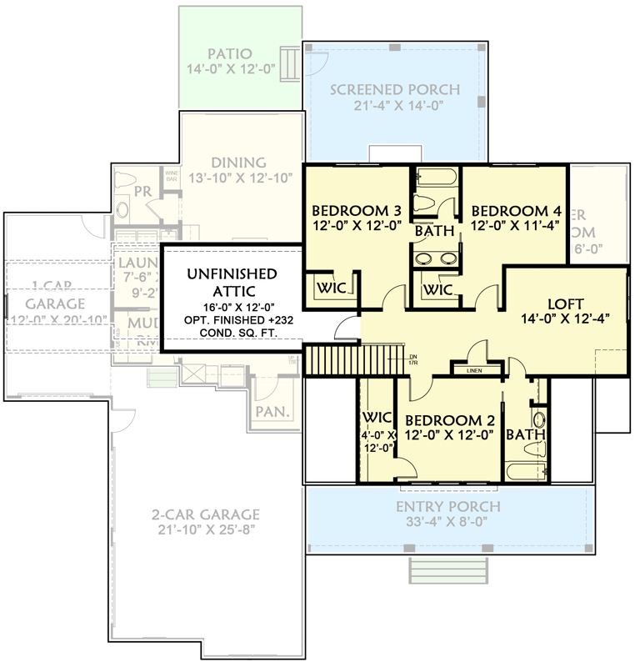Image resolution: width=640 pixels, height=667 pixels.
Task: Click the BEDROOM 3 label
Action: tap(350, 210)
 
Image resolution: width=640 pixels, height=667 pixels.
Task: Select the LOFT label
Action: tap(566, 303)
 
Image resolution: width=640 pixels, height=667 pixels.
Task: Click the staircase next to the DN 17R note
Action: tap(331, 360)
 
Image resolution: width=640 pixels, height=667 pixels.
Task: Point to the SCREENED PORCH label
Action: tap(395, 90)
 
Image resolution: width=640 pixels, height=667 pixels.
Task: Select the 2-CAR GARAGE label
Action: tap(205, 514)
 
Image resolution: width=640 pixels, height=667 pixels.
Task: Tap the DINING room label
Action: tap(238, 163)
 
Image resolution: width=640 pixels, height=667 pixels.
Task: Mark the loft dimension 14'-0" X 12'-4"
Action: tap(566, 319)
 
